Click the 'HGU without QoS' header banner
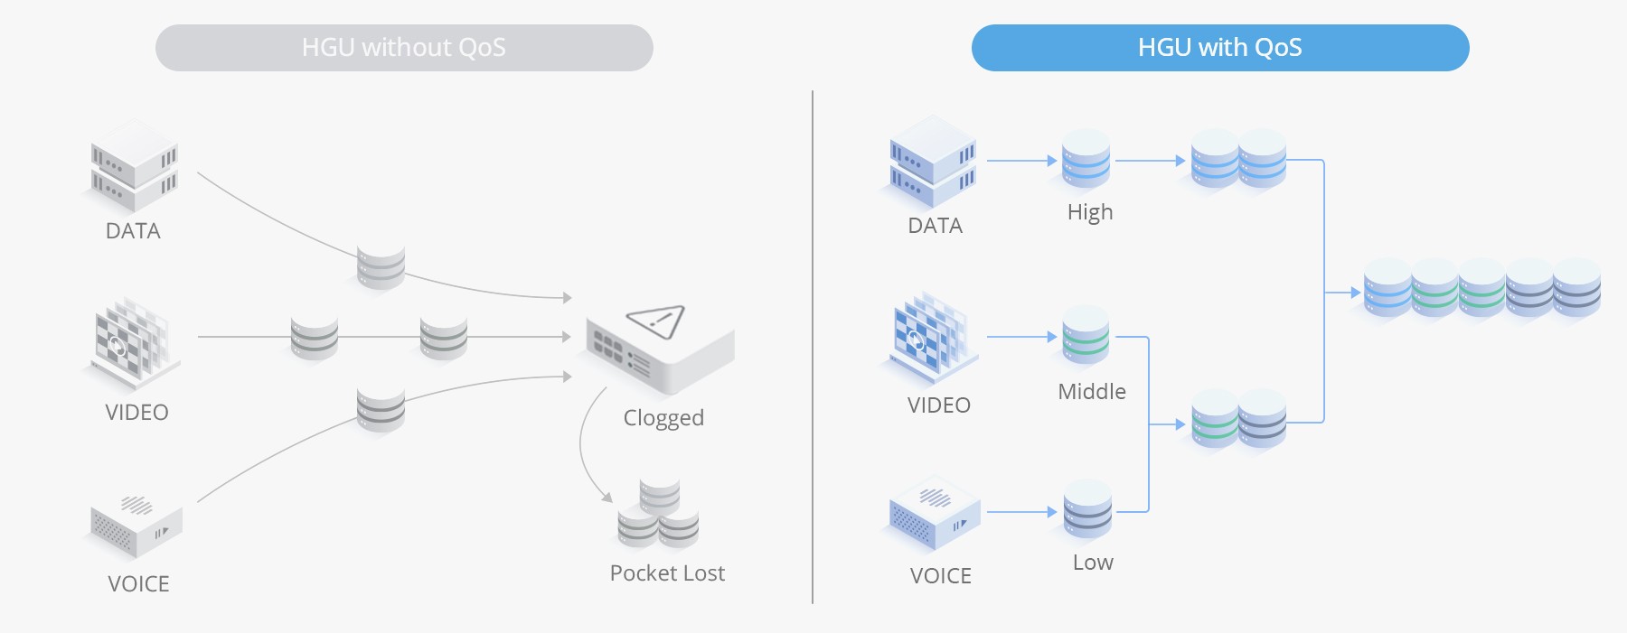coord(404,48)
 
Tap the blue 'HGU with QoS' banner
coord(1219,48)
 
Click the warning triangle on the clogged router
coord(657,321)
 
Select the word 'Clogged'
coord(663,418)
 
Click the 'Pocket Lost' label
coord(667,573)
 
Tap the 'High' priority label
coord(1089,212)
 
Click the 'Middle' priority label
coord(1092,392)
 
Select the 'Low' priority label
coord(1093,563)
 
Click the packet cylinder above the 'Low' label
coord(1087,510)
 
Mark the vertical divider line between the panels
coord(813,347)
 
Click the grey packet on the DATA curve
coord(381,267)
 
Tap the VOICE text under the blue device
coord(940,576)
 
